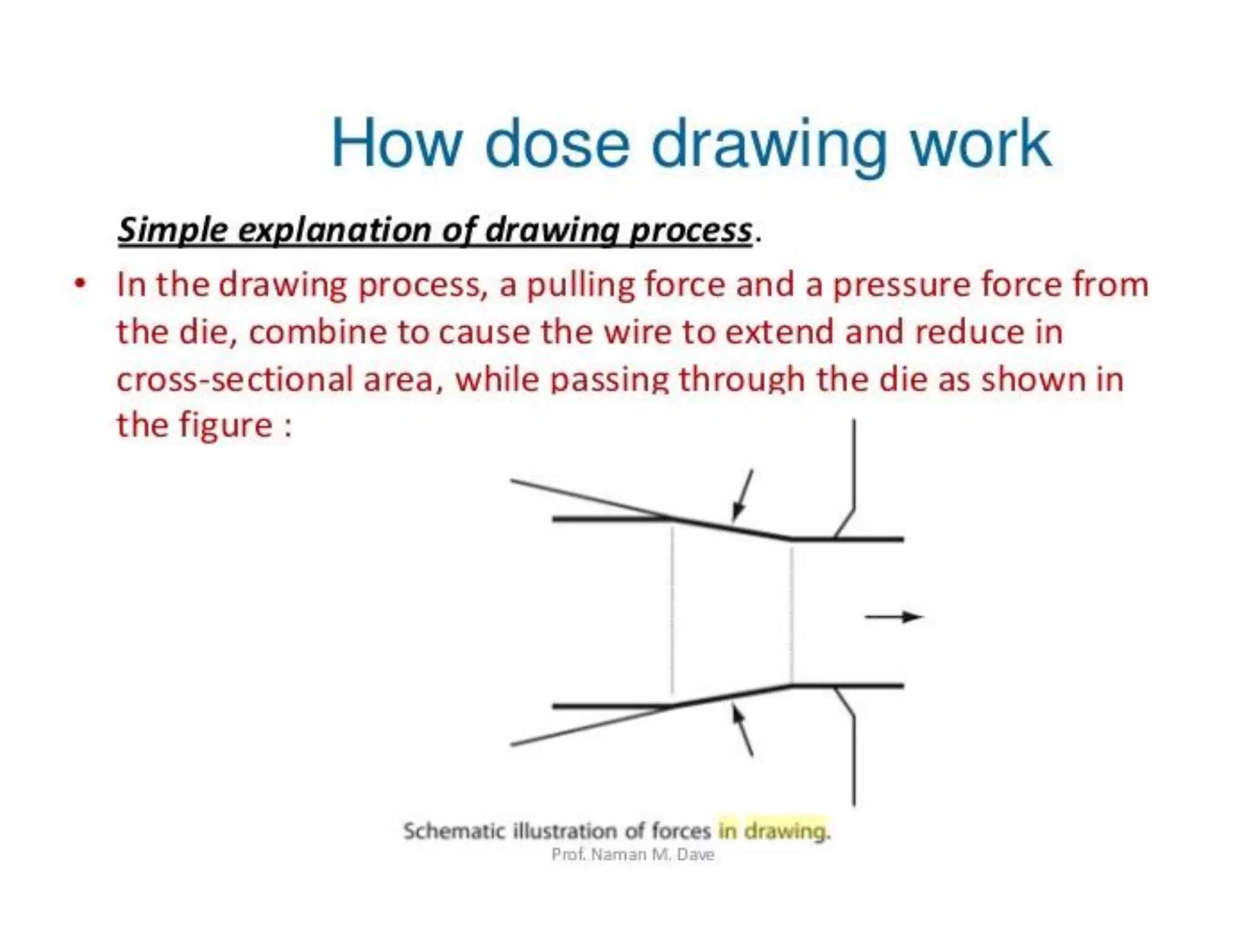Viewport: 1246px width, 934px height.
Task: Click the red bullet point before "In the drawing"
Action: click(x=79, y=284)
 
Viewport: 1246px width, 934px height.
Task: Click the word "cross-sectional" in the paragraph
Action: click(x=234, y=379)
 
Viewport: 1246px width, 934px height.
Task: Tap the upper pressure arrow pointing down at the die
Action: click(x=742, y=496)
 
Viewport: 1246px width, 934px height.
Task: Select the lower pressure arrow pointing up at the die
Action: click(x=742, y=730)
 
